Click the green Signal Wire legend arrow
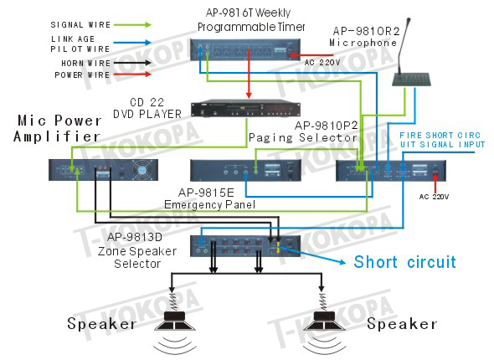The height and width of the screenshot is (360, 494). pos(132,24)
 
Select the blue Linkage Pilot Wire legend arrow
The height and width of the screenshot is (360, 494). pos(132,42)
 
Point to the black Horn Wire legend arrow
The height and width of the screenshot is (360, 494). pos(132,63)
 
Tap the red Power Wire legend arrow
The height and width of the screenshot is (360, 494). pos(132,75)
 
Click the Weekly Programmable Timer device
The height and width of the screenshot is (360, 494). pos(245,49)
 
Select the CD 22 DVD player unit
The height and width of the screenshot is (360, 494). pos(245,110)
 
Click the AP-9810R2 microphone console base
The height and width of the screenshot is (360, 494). pos(411,80)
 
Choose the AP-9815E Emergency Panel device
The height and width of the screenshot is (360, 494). pos(245,171)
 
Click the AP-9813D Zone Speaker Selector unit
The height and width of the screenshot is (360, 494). pos(245,246)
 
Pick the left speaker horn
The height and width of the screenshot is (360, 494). pos(174,321)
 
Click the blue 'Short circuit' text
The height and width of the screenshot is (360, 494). pos(405,262)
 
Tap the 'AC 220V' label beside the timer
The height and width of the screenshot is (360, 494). pos(322,62)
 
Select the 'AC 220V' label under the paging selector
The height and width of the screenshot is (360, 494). pos(434,197)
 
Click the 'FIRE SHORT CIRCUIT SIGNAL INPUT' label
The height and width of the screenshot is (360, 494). pos(442,140)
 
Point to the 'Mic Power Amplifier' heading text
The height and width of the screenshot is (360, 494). pos(57,128)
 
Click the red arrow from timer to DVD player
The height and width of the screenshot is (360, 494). pos(249,74)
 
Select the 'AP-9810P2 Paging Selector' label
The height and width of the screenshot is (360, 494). pos(303,131)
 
